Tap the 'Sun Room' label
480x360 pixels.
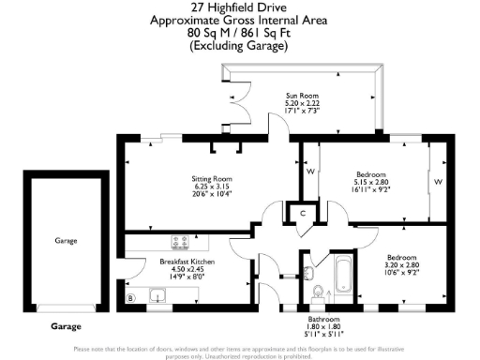point(301,96)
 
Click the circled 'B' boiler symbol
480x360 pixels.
point(130,298)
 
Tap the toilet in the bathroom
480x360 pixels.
point(317,291)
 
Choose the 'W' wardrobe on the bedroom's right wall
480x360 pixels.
point(438,181)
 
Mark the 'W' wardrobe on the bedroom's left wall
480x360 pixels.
point(309,172)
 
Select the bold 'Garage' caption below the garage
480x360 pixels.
point(65,328)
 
